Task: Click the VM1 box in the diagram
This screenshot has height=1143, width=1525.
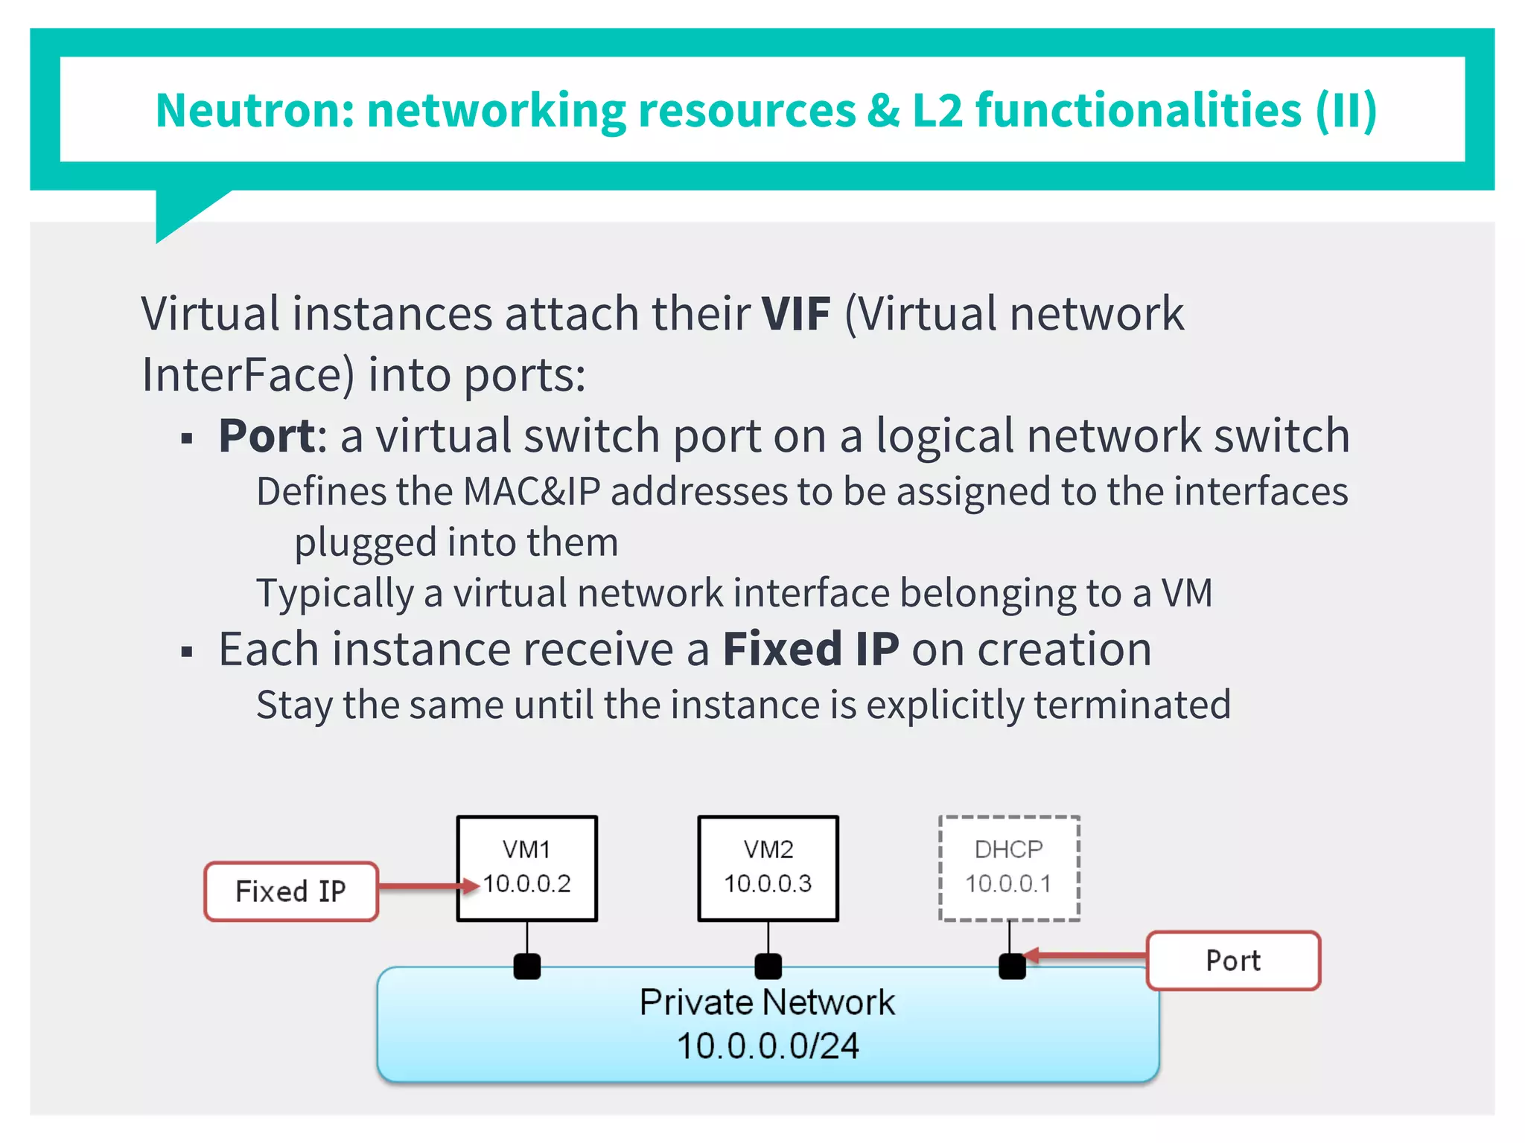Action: click(x=526, y=868)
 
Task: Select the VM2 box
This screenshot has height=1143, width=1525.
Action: click(x=768, y=868)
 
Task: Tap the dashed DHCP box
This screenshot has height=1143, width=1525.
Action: click(x=1009, y=868)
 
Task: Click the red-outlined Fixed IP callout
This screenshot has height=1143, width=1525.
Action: click(x=291, y=891)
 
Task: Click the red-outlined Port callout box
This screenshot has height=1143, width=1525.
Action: click(x=1233, y=960)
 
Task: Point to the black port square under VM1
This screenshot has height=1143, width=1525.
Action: click(x=527, y=967)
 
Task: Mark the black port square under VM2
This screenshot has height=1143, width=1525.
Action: click(x=768, y=967)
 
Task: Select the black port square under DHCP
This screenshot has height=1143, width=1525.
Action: click(x=1012, y=967)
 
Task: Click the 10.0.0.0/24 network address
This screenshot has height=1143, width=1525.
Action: click(x=768, y=1046)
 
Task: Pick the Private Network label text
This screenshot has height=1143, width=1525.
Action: click(x=768, y=1002)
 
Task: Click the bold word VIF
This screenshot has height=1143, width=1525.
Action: click(x=795, y=313)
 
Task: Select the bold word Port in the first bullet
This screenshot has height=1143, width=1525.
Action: click(x=267, y=435)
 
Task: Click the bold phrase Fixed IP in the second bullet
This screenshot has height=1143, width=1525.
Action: click(x=811, y=649)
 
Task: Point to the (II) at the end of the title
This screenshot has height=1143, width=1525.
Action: click(x=1346, y=110)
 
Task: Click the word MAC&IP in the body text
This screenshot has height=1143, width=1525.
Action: click(x=531, y=492)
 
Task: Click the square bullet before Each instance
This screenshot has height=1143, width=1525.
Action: click(x=187, y=653)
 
